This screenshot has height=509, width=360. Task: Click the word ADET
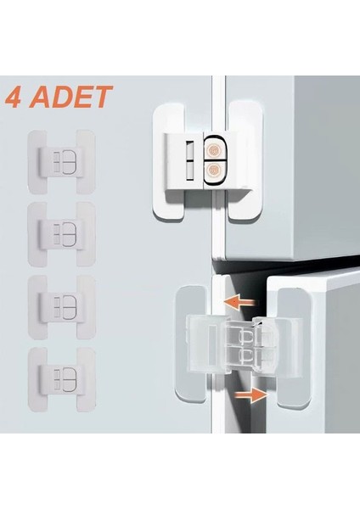pos(71,97)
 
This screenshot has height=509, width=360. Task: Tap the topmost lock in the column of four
pos(62,162)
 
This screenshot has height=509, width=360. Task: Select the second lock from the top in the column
pos(62,234)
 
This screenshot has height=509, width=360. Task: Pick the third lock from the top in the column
pos(62,307)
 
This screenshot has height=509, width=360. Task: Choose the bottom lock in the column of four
pos(62,380)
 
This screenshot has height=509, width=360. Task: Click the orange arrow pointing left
pos(240,303)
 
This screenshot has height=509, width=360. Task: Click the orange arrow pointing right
pos(250,394)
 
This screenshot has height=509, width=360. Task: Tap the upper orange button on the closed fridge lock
pos(213,151)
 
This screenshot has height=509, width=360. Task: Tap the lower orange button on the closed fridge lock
pos(213,169)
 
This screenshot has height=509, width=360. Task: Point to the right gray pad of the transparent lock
pos(293,348)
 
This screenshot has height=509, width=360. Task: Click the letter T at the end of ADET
pos(103,97)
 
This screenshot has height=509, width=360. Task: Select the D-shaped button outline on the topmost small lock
pos(69,162)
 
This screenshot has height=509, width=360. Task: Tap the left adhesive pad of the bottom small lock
pos(37,380)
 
